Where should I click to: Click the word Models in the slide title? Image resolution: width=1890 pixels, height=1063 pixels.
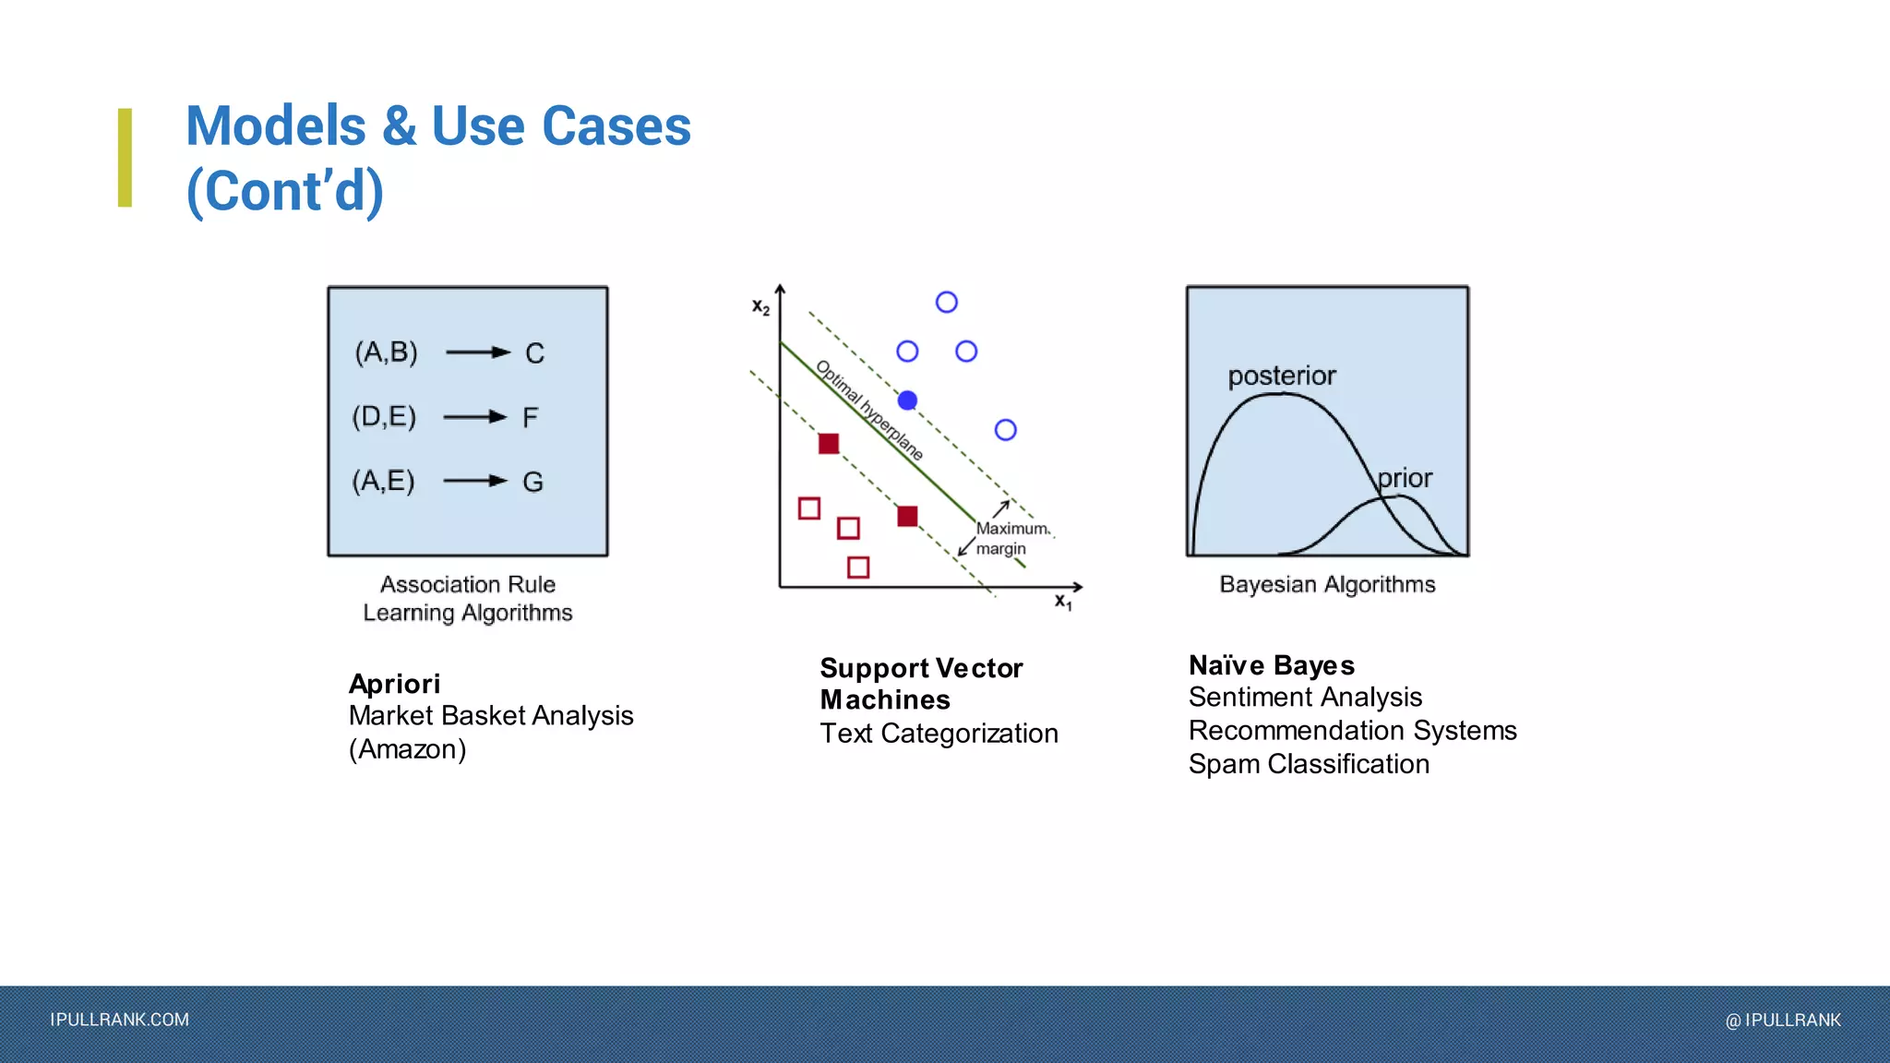(276, 126)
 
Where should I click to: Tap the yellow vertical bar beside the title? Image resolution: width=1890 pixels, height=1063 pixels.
(125, 158)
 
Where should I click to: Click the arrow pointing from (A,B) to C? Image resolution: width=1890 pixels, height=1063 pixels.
(477, 352)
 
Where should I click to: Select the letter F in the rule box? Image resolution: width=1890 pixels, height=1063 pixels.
(530, 418)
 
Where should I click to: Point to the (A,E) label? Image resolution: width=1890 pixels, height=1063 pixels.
(383, 481)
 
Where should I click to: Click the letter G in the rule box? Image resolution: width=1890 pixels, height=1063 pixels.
(532, 482)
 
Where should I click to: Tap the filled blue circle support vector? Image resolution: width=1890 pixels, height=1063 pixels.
(907, 400)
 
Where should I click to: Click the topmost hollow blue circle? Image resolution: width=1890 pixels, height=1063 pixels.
(946, 303)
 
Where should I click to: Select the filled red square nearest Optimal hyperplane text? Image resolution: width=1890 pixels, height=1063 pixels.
(829, 444)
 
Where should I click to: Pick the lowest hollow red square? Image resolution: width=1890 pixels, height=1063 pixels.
(858, 567)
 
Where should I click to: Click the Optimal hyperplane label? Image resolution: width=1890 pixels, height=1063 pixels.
(869, 411)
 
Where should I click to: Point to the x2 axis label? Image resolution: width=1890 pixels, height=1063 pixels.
(760, 307)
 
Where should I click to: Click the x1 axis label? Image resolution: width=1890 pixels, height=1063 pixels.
(1063, 602)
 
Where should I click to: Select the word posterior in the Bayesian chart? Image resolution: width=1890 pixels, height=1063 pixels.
(1281, 376)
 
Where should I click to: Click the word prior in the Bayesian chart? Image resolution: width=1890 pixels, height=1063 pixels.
(1405, 478)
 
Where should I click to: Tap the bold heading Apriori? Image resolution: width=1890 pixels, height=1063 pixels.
(394, 684)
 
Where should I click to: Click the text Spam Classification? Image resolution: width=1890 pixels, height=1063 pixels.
(1309, 764)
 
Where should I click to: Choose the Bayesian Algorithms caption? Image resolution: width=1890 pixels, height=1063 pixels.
(1327, 584)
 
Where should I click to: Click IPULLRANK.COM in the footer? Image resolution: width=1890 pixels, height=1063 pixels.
(120, 1020)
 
